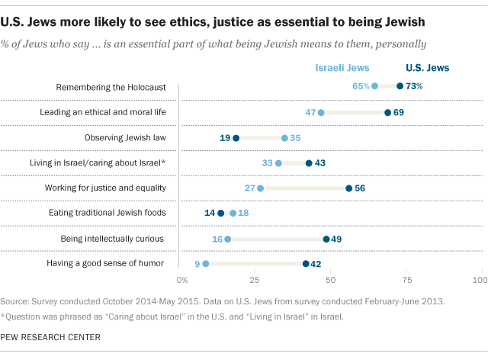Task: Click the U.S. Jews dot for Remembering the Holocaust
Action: pyautogui.click(x=400, y=86)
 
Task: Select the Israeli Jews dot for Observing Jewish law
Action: pyautogui.click(x=284, y=138)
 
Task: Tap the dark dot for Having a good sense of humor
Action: pyautogui.click(x=306, y=263)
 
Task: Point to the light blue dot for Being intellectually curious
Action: pyautogui.click(x=228, y=239)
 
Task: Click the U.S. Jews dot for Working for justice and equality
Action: pyautogui.click(x=348, y=188)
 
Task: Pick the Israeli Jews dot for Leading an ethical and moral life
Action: pyautogui.click(x=320, y=112)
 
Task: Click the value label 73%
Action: pyautogui.click(x=414, y=86)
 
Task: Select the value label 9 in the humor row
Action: pyautogui.click(x=196, y=263)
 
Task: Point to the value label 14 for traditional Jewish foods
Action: pyautogui.click(x=209, y=213)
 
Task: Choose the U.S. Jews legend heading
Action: pyautogui.click(x=426, y=68)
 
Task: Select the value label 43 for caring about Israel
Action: pyautogui.click(x=321, y=162)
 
